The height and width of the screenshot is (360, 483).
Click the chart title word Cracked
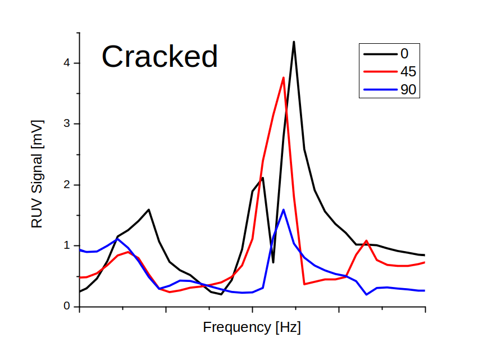coord(160,57)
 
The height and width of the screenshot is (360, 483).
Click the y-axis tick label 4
coord(67,63)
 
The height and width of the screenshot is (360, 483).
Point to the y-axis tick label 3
coord(67,124)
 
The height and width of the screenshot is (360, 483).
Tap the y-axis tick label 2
coord(67,185)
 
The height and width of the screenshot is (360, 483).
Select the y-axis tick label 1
coord(67,245)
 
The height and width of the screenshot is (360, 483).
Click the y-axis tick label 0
coord(67,307)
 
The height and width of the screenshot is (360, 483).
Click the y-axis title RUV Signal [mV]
coord(37,173)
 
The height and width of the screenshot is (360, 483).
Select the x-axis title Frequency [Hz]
coord(252,328)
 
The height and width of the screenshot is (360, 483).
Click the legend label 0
coord(404,54)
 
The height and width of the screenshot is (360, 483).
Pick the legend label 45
coord(408,71)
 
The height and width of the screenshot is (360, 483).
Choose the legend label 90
coord(408,89)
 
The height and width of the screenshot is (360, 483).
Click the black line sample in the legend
coord(380,54)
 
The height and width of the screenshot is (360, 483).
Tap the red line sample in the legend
coord(380,71)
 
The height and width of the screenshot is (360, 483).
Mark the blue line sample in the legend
coord(380,89)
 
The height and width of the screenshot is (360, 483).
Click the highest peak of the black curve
coord(294,42)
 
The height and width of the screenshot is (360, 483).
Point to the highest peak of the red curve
coord(284,78)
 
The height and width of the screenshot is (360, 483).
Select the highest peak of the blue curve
coord(283,209)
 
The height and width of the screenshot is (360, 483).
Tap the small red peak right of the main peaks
coord(366,240)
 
